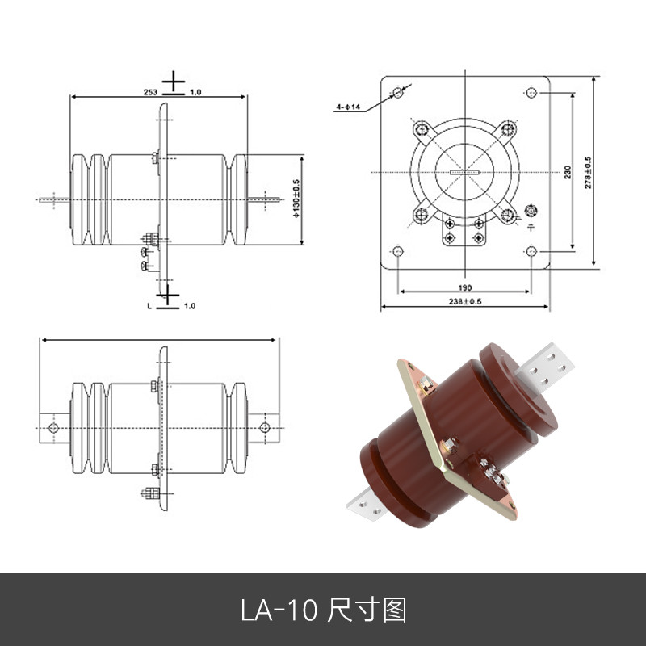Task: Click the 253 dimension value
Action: click(150, 92)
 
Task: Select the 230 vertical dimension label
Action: click(568, 172)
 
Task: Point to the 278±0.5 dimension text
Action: click(588, 172)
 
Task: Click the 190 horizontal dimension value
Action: click(465, 287)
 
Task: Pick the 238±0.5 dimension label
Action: click(465, 301)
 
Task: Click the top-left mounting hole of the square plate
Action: click(397, 92)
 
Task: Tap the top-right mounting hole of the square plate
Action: click(531, 92)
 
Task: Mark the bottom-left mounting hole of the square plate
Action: click(397, 251)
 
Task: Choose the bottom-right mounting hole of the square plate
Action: click(531, 251)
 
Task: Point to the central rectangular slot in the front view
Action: click(465, 172)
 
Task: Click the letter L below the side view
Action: click(149, 306)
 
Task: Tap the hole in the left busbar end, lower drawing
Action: click(53, 427)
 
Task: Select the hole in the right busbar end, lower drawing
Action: click(264, 427)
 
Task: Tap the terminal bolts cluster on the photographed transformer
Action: click(489, 474)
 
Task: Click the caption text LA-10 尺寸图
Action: click(323, 610)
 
